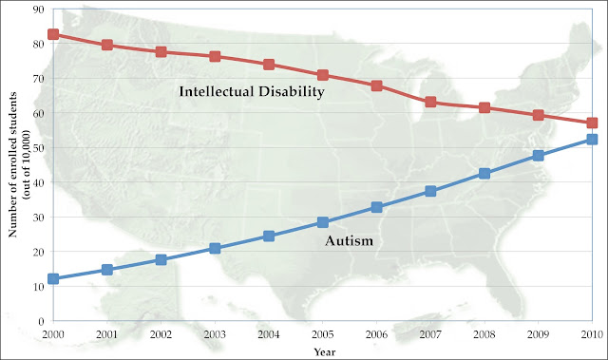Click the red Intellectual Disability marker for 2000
tap(53, 34)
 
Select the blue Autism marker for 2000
tap(53, 279)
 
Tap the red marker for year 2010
tap(592, 123)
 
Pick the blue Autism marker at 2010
tap(592, 140)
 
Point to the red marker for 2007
tap(430, 102)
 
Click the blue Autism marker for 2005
tap(323, 222)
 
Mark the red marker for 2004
tap(269, 65)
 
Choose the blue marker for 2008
tap(484, 174)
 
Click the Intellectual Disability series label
tap(253, 92)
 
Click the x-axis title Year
tap(323, 351)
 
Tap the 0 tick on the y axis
tap(39, 321)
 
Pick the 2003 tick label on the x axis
tap(215, 334)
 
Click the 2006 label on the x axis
tap(376, 334)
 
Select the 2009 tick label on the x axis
tap(538, 334)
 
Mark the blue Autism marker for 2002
tap(161, 259)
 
